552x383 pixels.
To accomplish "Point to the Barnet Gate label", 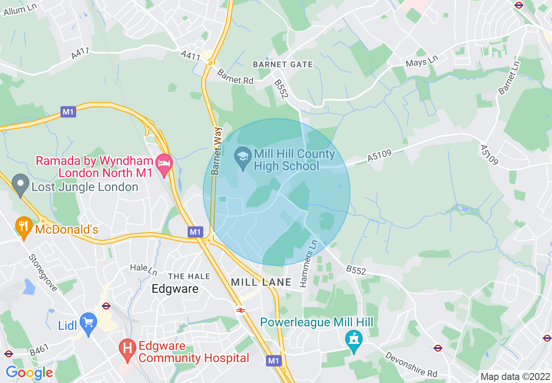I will coord(283,64).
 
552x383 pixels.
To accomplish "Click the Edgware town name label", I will coord(175,289).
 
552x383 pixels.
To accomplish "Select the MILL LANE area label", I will coord(261,282).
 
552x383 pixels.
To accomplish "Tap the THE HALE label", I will coord(189,276).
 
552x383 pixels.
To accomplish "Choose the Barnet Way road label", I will coord(216,151).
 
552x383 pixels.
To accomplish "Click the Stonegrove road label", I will coord(42,272).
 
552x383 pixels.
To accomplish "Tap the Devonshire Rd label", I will coord(411,364).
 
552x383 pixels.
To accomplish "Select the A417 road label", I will coord(80,54).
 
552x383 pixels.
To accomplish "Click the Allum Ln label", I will coord(19,8).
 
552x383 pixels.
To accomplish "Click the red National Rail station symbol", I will coord(240,310).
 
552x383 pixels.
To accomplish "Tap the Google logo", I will coord(29,373).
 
